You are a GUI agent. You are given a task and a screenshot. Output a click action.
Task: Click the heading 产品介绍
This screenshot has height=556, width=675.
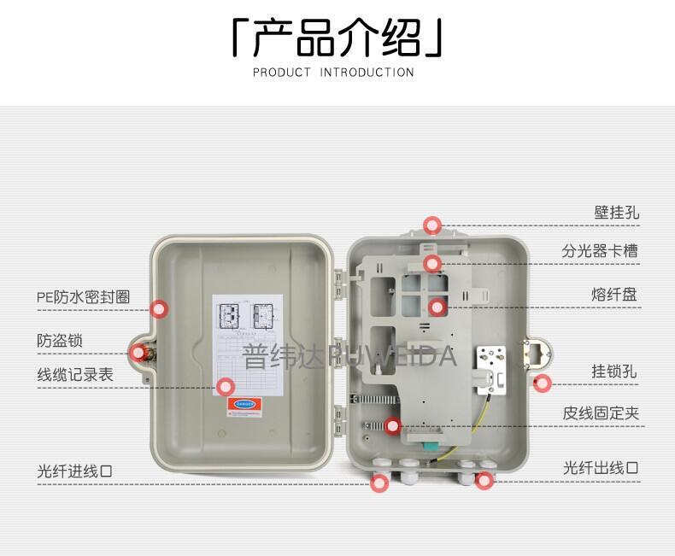click(x=337, y=38)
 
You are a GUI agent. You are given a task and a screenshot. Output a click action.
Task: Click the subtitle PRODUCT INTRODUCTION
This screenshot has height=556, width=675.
click(x=333, y=73)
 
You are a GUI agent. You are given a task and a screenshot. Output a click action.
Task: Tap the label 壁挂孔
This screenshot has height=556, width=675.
click(x=616, y=212)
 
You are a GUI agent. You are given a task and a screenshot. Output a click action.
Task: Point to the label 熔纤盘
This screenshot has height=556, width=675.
click(x=613, y=295)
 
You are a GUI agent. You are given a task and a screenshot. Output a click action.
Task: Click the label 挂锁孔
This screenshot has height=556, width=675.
click(x=614, y=372)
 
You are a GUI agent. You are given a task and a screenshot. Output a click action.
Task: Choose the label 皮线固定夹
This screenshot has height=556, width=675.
click(x=601, y=413)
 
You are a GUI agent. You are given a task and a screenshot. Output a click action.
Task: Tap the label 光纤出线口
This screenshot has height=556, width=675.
click(x=600, y=467)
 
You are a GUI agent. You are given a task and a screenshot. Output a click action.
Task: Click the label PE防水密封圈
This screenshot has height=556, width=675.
click(x=83, y=297)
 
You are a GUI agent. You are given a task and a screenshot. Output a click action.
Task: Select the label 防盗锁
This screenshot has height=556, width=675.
click(x=60, y=340)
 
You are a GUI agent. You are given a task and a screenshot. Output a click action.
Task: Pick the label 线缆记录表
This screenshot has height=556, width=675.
click(x=74, y=374)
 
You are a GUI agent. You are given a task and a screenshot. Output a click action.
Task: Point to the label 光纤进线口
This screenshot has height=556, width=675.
click(x=74, y=471)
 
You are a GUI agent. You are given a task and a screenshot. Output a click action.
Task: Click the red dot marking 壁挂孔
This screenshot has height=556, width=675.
click(x=432, y=225)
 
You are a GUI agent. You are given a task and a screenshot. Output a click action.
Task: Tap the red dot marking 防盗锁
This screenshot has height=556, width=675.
click(x=138, y=352)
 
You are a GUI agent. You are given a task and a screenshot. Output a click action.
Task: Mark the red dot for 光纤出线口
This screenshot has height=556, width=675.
click(x=484, y=481)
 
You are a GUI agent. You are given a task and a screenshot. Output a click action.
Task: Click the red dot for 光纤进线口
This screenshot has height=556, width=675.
click(x=381, y=483)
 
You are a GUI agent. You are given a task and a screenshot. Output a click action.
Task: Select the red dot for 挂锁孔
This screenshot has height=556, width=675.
click(x=542, y=383)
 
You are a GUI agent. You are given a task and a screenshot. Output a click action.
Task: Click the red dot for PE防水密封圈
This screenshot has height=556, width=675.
click(x=159, y=309)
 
